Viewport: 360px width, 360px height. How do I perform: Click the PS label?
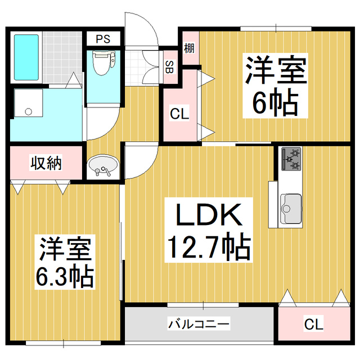pos(102,39)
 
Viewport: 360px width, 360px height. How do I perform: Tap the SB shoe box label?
pos(168,65)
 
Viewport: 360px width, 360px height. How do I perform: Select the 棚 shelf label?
pos(189,48)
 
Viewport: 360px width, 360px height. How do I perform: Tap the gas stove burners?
pos(291,159)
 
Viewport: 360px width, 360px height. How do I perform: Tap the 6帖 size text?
pos(275,102)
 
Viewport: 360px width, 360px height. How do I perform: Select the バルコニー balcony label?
pos(199,324)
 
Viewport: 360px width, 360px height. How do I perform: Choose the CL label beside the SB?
pos(179,113)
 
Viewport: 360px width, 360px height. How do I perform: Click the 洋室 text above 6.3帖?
pos(66,248)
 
